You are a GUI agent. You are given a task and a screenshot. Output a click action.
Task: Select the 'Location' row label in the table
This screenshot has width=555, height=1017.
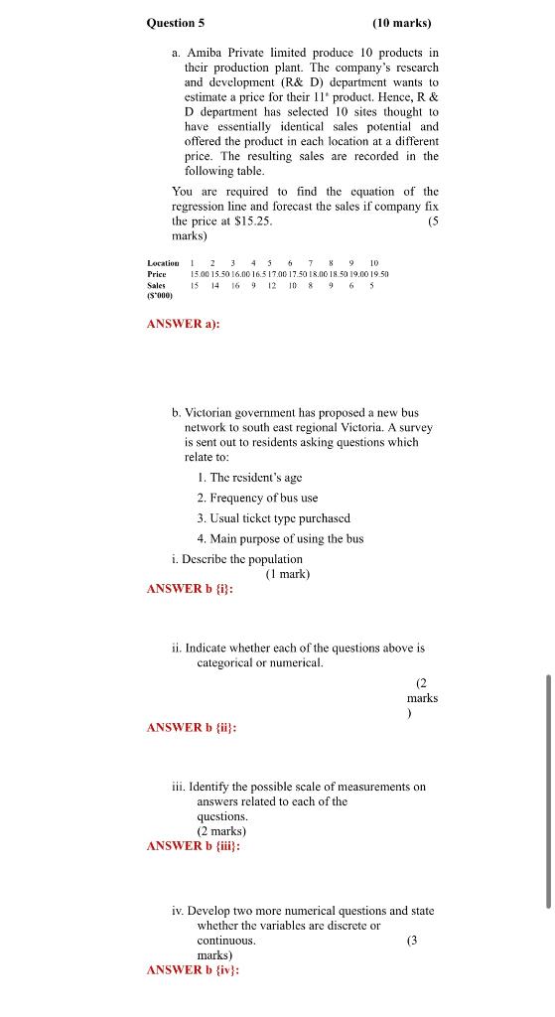[163, 262]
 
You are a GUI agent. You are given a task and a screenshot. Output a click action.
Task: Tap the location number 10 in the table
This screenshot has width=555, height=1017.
[373, 262]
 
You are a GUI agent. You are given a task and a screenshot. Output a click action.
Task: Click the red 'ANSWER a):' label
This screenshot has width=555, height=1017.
[182, 324]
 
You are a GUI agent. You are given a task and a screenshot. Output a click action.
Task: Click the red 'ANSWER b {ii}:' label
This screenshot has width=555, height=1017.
[191, 727]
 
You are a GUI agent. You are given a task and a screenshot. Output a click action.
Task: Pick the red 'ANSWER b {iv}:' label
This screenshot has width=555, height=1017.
[192, 969]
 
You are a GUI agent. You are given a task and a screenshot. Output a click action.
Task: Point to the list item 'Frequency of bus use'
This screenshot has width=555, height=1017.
[257, 498]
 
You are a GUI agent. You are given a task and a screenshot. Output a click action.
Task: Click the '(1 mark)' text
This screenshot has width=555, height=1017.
[287, 573]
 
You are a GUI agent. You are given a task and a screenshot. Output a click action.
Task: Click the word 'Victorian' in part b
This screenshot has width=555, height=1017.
[210, 411]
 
